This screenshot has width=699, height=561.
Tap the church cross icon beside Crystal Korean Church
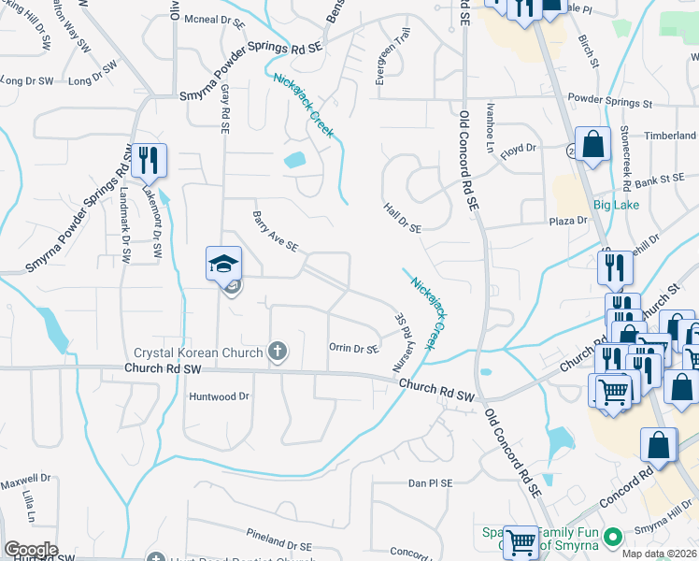[x=277, y=352]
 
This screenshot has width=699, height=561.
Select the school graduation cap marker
[x=224, y=266]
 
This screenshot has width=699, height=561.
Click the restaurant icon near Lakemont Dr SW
[x=148, y=161]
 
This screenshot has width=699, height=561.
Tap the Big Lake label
[x=613, y=204]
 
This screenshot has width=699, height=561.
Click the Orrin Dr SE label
[x=354, y=348]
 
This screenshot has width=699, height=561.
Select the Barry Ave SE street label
[x=275, y=232]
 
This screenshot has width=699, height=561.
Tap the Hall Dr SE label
[x=402, y=217]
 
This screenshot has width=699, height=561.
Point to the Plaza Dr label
[x=567, y=221]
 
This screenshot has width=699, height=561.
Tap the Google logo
[x=31, y=549]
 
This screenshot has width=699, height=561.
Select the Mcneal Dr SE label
[x=214, y=19]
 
